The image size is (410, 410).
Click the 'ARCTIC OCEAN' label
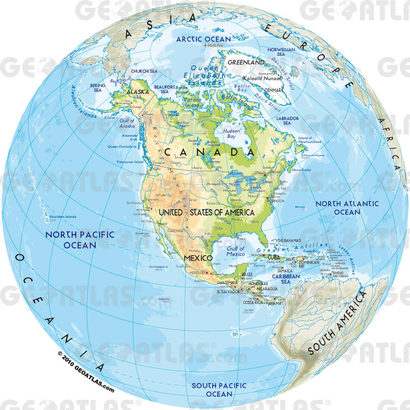click(204, 39)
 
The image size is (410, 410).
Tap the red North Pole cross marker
click(205, 45)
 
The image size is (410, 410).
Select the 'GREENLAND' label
click(246, 62)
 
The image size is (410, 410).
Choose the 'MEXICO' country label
click(199, 258)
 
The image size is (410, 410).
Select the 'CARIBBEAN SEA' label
click(286, 279)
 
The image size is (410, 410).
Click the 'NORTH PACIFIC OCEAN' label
click(80, 240)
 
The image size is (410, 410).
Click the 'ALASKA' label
click(138, 92)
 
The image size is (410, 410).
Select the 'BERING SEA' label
click(98, 88)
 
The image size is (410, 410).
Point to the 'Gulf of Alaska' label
click(127, 123)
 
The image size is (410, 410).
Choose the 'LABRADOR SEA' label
click(287, 120)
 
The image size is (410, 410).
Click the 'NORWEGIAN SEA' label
click(281, 52)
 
